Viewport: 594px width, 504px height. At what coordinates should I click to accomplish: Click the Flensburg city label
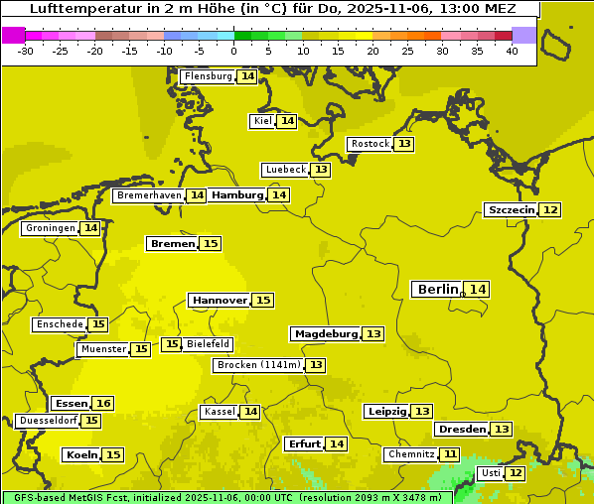coord(209,76)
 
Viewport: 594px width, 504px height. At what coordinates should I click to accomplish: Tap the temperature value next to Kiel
coord(287,121)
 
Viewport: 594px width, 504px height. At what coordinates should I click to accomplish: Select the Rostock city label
coord(371,144)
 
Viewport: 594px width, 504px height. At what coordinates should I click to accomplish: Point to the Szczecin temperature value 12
coord(550,209)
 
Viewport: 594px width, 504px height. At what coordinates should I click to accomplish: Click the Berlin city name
coord(438,289)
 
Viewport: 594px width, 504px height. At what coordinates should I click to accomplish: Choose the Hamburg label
coord(236,195)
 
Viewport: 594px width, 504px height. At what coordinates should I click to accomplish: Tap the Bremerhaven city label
coord(149,195)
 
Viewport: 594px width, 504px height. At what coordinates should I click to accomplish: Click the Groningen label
coord(51,228)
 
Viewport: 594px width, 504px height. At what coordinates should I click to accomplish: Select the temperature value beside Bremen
coord(210,243)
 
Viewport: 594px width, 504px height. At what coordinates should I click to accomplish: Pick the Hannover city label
coord(220,300)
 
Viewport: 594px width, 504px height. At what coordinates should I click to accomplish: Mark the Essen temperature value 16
coord(102,404)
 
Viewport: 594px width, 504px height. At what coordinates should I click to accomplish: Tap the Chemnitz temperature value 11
coord(451,454)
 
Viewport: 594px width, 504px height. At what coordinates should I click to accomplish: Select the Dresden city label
coord(462,430)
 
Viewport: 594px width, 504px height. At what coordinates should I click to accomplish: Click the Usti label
coord(491,473)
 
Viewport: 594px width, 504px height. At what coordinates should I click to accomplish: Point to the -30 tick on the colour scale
coord(26,51)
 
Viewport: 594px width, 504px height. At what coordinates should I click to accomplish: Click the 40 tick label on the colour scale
coord(512,51)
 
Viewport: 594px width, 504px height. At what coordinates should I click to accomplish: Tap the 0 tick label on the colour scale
coord(233,51)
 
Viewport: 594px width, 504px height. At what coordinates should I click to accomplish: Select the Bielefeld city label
coord(208,344)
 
